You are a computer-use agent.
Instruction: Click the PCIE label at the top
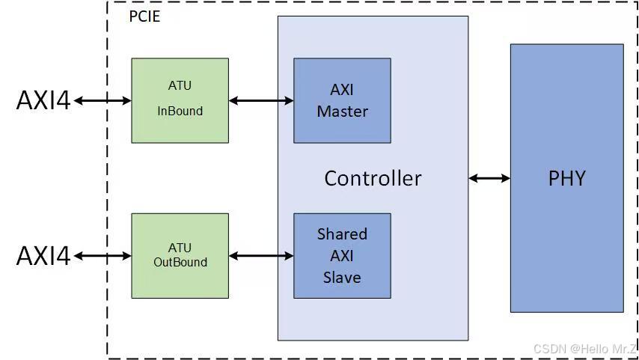[144, 16]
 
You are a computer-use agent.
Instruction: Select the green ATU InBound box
[180, 100]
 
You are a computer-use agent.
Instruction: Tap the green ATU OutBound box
[180, 255]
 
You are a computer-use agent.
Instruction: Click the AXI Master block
[342, 100]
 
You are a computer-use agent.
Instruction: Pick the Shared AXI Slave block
[342, 255]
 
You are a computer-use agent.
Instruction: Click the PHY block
[566, 178]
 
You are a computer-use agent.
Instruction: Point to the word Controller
[373, 178]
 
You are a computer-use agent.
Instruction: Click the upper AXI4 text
[43, 100]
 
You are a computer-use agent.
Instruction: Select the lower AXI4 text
[43, 256]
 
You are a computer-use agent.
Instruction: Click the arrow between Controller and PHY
[489, 178]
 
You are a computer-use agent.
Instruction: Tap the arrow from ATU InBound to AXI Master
[260, 100]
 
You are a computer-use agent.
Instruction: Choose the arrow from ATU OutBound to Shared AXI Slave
[260, 256]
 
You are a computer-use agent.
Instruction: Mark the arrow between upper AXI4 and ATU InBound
[103, 100]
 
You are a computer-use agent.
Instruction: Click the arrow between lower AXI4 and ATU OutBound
[103, 256]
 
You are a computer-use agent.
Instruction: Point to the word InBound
[180, 111]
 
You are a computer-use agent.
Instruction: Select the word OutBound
[180, 263]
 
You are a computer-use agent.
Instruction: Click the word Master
[342, 112]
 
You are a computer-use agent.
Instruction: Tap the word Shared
[342, 234]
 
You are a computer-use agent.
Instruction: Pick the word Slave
[342, 277]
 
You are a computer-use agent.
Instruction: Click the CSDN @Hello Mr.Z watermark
[584, 349]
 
